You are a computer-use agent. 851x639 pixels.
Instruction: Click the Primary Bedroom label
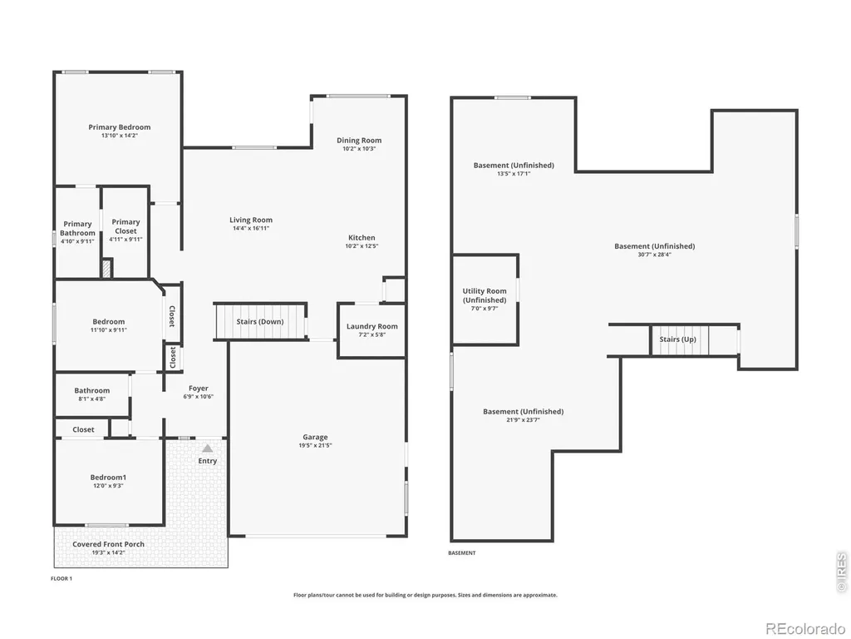click(120, 127)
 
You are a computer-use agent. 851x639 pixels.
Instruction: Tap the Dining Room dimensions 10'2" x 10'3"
click(359, 148)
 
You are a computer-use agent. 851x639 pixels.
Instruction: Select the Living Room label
click(251, 220)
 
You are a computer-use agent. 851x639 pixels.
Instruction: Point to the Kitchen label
click(362, 237)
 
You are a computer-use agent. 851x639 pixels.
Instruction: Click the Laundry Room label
click(371, 326)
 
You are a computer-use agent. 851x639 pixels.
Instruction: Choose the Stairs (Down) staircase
click(260, 322)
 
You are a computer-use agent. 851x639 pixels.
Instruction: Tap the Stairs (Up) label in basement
click(677, 339)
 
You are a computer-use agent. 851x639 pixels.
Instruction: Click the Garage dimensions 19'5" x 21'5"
click(315, 446)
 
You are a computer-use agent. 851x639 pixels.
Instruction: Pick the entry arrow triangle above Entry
click(207, 448)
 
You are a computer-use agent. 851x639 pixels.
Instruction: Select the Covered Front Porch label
click(109, 544)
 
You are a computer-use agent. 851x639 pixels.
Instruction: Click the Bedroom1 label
click(108, 478)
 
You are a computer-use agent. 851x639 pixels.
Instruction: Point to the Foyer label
click(198, 389)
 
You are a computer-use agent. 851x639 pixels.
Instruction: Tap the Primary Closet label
click(125, 226)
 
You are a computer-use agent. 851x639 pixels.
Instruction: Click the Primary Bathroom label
click(77, 228)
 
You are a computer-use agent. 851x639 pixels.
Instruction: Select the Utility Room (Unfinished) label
click(485, 295)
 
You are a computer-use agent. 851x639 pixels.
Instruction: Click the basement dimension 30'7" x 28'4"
click(655, 255)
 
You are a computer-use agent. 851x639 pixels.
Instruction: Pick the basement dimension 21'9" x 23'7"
click(524, 420)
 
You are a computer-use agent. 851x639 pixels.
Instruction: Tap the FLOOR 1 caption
click(61, 579)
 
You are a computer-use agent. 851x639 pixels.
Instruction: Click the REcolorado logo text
click(805, 629)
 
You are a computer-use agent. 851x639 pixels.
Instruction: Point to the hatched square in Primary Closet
click(107, 269)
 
